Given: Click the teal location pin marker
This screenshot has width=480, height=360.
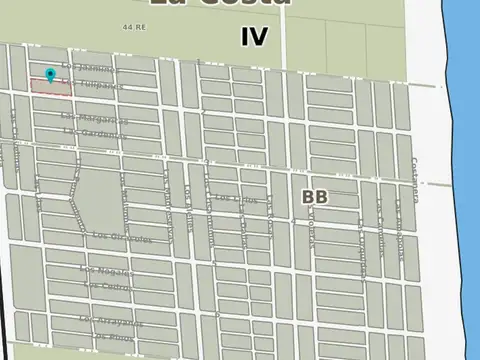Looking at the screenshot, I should (x=51, y=74).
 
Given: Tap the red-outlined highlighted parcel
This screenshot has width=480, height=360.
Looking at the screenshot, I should (x=50, y=87).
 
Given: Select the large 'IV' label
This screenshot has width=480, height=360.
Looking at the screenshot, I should (x=254, y=37).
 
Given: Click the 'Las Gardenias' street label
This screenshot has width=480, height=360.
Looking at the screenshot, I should (x=96, y=132).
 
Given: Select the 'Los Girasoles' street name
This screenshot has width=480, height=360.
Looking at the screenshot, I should (x=122, y=237).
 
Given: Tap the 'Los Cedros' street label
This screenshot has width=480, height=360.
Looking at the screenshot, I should (x=106, y=287).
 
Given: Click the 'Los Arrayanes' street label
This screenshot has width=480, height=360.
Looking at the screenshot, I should (x=111, y=322).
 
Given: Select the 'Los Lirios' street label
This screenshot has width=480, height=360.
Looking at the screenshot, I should (x=237, y=199).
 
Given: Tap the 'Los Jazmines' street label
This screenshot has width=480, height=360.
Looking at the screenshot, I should (x=89, y=68).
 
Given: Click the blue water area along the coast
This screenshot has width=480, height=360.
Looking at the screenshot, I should (x=459, y=150).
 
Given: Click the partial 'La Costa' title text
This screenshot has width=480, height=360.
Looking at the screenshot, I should (x=220, y=4).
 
